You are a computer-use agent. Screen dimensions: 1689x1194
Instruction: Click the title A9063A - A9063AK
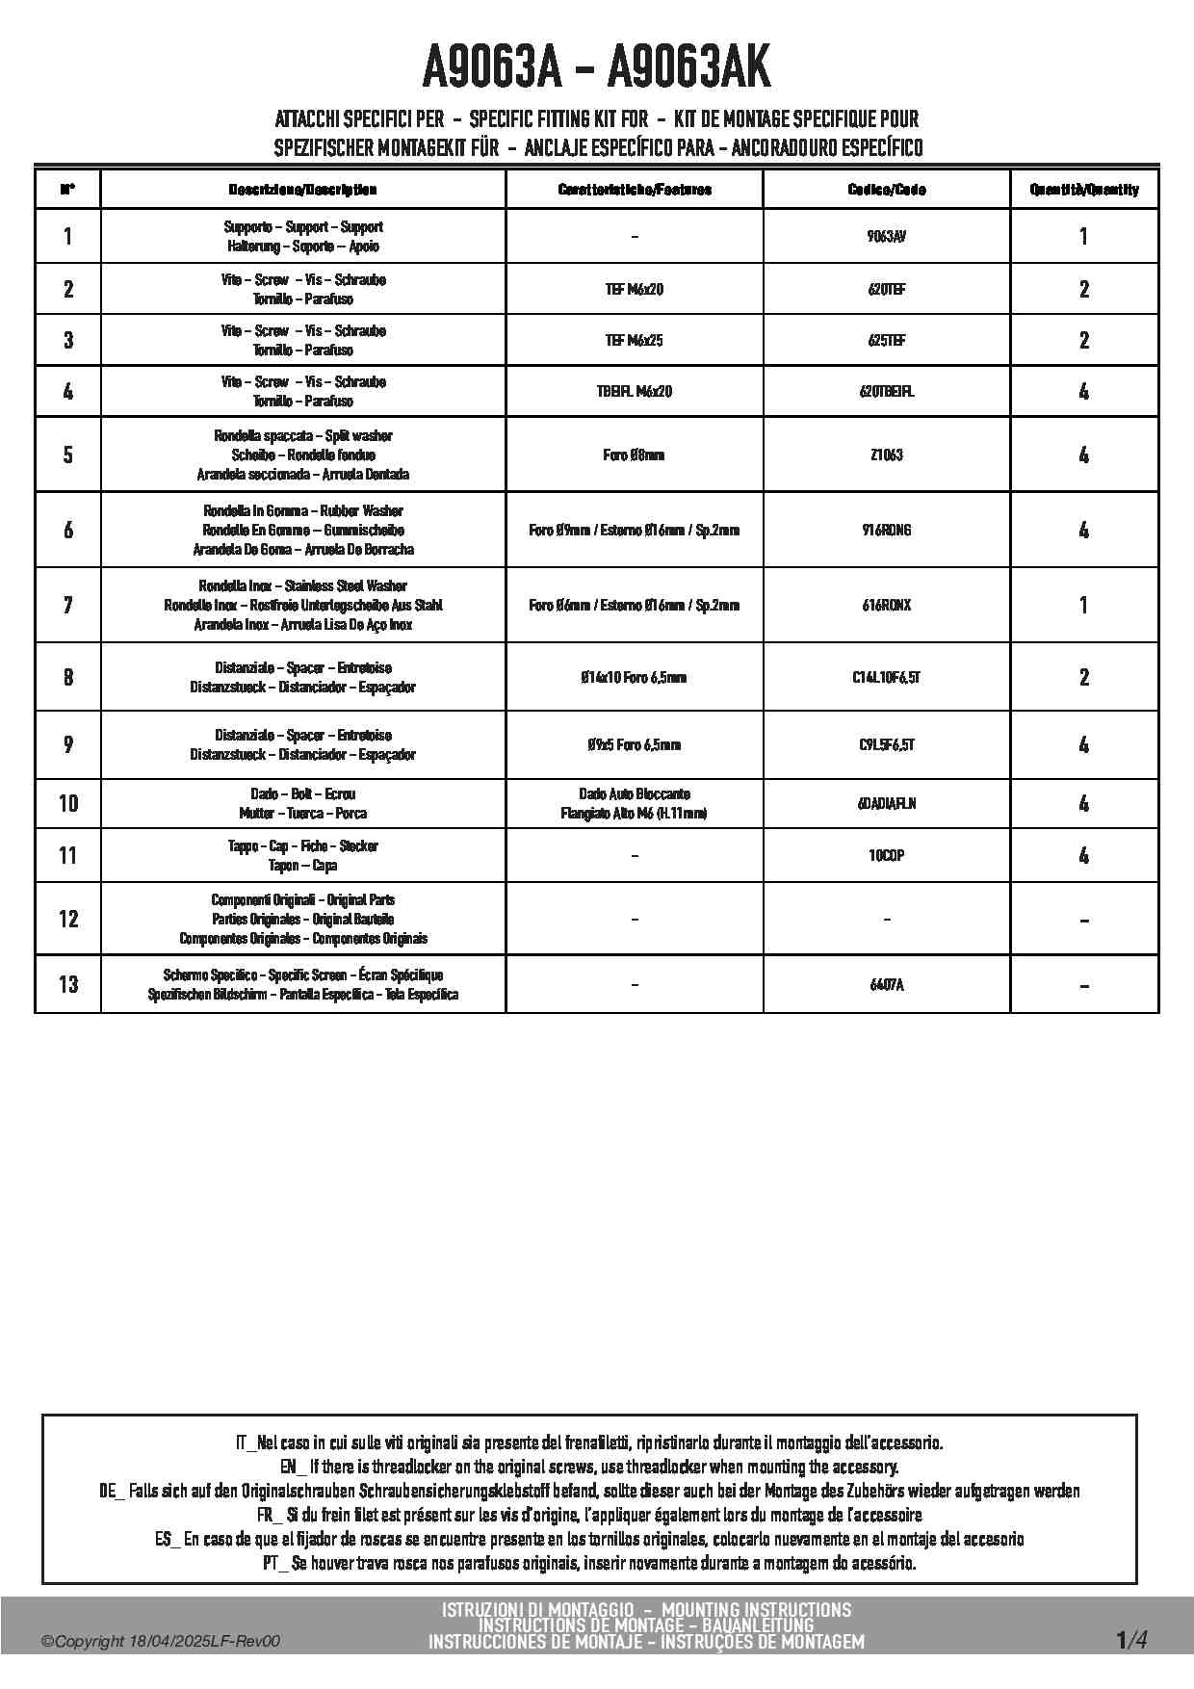coord(597,67)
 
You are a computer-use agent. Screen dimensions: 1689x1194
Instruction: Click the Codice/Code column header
coord(886,190)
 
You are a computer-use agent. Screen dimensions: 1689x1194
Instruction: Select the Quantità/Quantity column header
coord(1083,190)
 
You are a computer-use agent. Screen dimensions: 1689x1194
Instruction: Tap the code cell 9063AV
coord(886,237)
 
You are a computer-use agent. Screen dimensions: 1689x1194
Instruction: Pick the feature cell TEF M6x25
coord(634,341)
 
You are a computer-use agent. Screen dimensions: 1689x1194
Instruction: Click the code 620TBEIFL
coord(886,392)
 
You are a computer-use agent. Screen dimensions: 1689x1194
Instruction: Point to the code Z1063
coord(886,455)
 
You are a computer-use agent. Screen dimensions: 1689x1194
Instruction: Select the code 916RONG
coord(886,530)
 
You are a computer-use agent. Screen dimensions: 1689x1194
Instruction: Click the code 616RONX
coord(886,605)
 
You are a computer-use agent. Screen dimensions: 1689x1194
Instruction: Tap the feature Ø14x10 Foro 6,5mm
coord(634,677)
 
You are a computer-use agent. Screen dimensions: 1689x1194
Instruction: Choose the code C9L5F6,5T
coord(886,744)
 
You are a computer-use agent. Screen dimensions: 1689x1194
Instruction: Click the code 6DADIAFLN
coord(886,803)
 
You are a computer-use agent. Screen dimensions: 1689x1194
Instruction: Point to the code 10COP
coord(886,855)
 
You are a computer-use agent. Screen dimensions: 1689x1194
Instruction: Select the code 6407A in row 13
coord(886,984)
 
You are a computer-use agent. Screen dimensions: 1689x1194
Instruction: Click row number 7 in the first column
coord(67,605)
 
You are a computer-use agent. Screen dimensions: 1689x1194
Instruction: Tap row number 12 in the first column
coord(67,919)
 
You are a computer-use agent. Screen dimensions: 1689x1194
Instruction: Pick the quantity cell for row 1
coord(1083,237)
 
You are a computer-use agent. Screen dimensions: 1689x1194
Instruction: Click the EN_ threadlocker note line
coord(589,1467)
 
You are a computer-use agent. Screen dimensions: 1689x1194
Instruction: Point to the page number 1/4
coord(1131,1640)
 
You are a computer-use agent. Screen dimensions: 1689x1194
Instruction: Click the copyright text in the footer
coord(161,1642)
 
